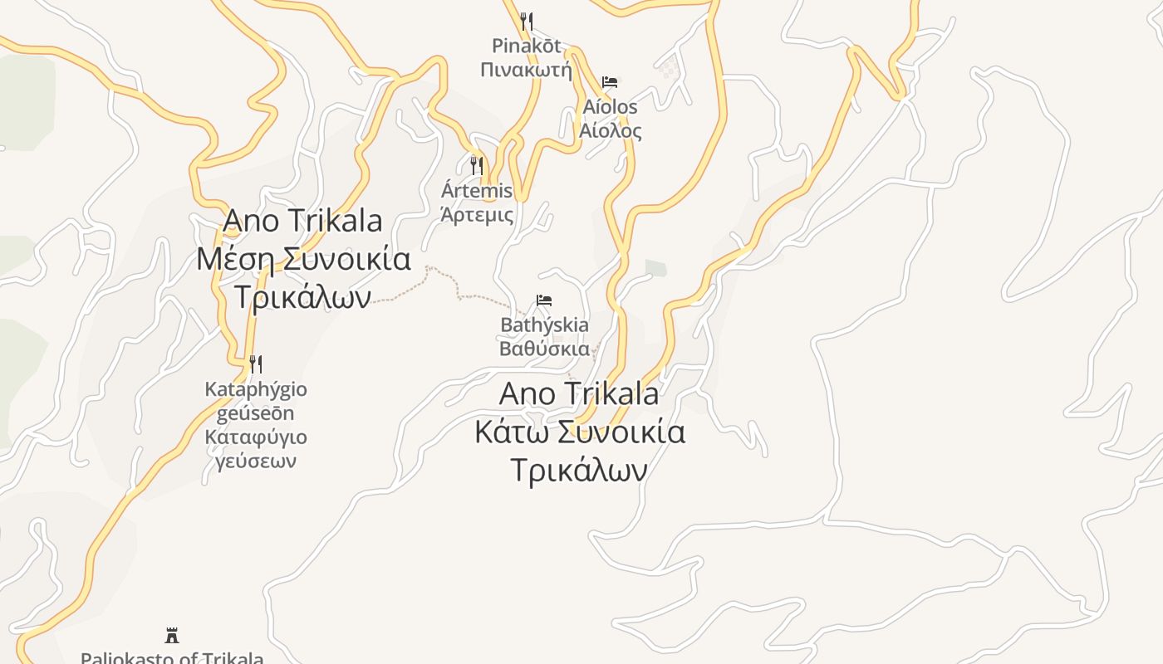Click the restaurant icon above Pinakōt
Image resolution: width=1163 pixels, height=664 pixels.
click(x=526, y=21)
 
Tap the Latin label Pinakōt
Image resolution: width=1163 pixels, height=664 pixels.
click(x=526, y=46)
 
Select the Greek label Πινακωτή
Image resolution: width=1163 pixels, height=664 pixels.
click(x=526, y=69)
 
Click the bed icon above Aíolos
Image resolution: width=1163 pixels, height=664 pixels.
click(x=610, y=82)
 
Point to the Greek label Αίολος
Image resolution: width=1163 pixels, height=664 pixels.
click(x=610, y=130)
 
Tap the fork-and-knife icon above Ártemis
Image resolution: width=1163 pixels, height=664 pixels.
click(x=477, y=166)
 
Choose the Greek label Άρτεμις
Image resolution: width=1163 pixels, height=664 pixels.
click(x=477, y=215)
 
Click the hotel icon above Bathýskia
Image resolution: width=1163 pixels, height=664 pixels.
click(x=544, y=300)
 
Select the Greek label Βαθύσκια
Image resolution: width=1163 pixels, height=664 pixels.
click(x=544, y=348)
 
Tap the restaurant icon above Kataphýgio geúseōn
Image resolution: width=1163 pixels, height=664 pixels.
click(x=256, y=364)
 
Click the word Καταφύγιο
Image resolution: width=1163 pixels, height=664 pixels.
click(x=256, y=437)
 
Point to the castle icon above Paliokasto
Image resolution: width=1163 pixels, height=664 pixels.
click(x=172, y=637)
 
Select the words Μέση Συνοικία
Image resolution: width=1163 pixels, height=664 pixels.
click(x=303, y=259)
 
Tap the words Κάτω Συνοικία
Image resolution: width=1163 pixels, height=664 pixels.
click(x=580, y=432)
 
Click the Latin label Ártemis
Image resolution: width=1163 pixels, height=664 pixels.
click(x=477, y=191)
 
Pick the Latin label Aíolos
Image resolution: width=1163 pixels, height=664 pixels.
click(x=610, y=107)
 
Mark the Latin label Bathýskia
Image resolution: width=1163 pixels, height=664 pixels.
click(x=544, y=325)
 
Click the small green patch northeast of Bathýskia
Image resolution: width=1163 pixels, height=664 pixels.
click(x=656, y=267)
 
